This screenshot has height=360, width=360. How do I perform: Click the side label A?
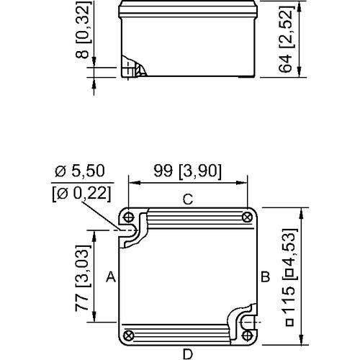coord(110,276)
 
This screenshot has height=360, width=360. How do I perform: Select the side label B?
coord(264,276)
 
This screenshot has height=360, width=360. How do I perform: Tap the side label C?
coord(187,201)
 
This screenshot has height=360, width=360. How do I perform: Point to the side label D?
coord(187,353)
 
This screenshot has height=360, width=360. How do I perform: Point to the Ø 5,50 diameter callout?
coord(80,171)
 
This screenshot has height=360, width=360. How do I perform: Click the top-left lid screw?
coord(129,217)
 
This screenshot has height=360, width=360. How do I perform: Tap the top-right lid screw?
coord(247,217)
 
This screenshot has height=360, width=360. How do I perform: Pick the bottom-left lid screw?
coord(129,334)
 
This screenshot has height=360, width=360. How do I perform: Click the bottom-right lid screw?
coord(247,334)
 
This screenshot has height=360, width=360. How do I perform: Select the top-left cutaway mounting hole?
coord(130,233)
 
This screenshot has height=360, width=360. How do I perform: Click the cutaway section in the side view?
coord(135,68)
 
